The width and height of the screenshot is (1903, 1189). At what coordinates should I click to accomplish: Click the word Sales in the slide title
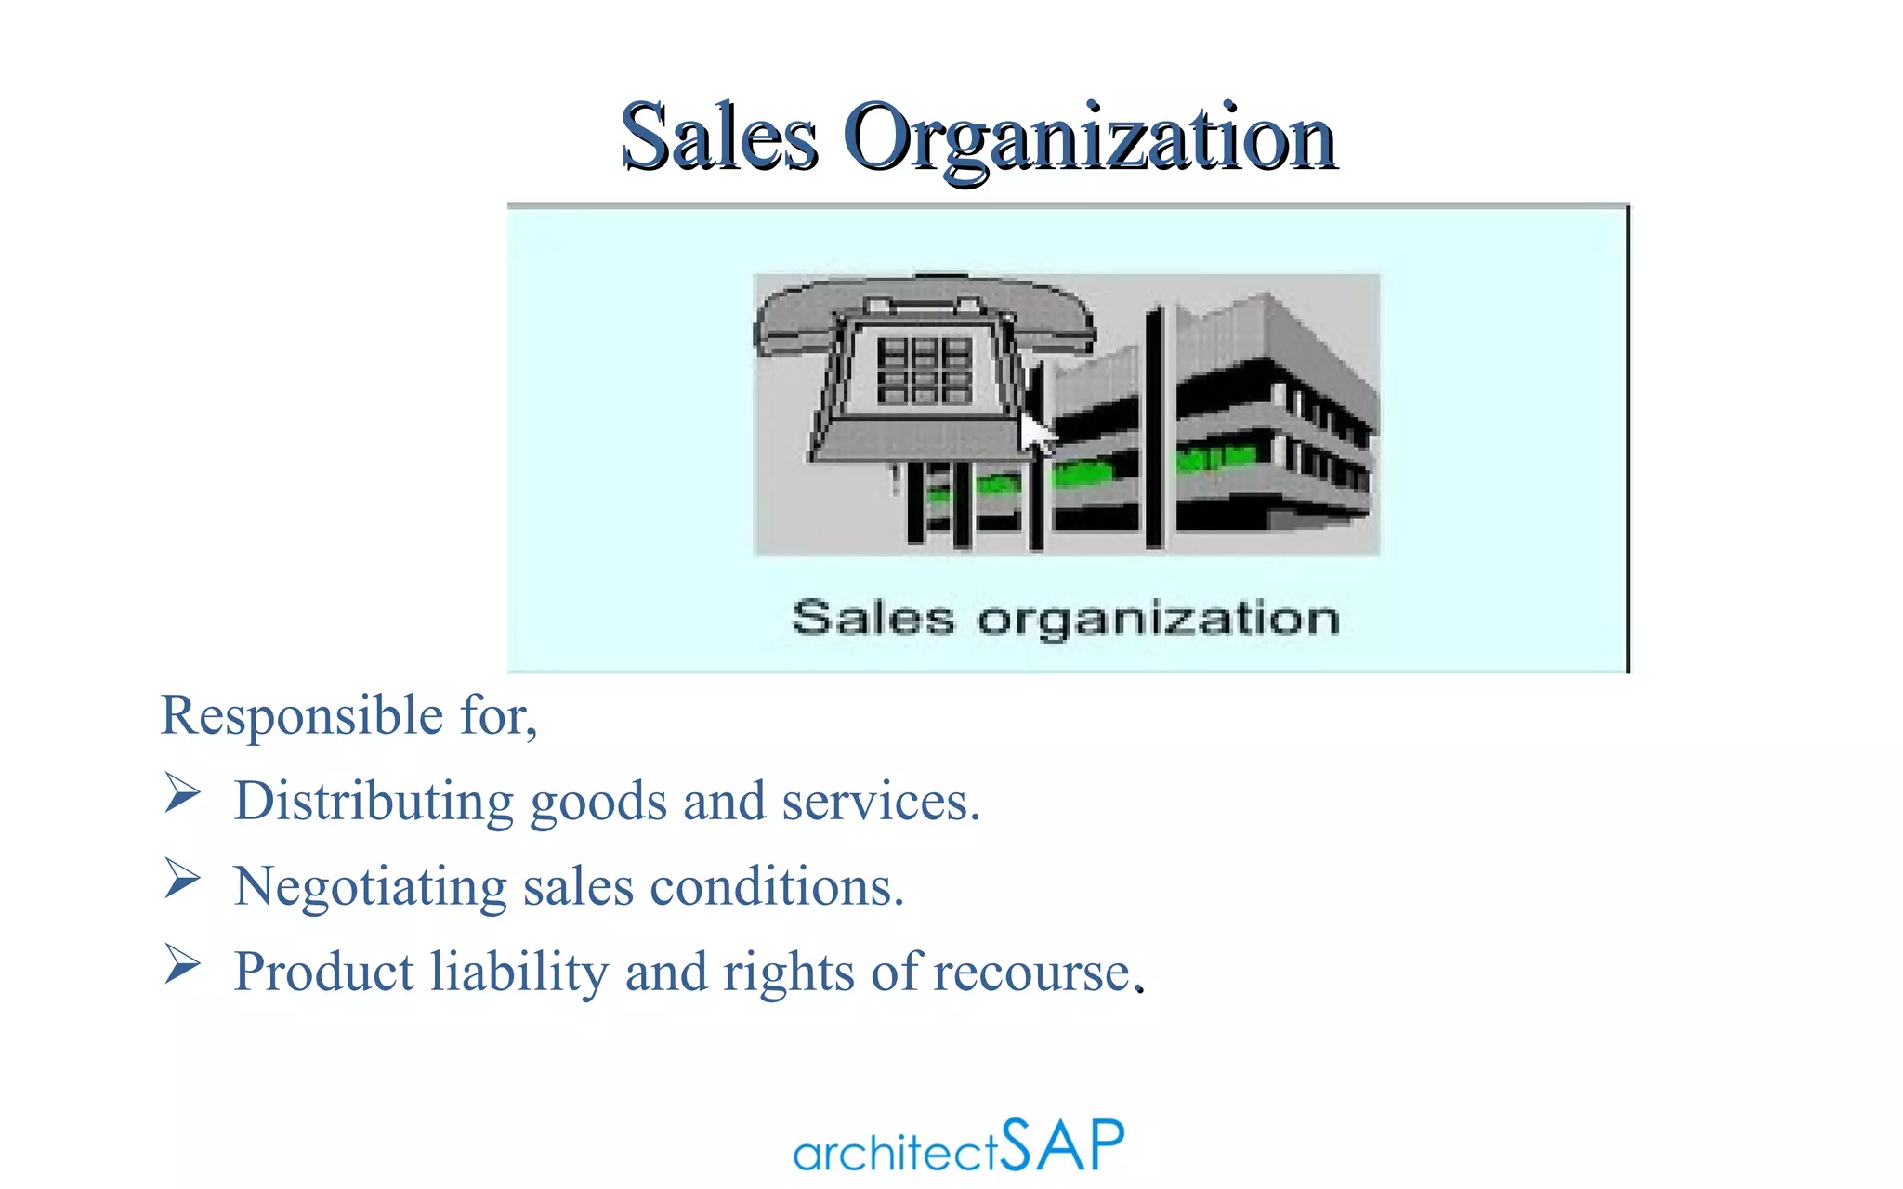719,137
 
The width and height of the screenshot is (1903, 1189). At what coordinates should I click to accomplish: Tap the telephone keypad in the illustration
924,371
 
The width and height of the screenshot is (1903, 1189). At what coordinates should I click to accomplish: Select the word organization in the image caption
1158,620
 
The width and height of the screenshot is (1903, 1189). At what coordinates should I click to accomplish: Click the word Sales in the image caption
873,618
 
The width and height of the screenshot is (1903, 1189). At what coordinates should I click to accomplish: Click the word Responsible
302,716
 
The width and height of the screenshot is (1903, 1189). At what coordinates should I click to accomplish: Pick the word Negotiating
370,887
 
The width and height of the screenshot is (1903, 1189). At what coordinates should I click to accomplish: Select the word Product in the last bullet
323,972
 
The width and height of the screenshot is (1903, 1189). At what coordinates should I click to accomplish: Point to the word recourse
1032,973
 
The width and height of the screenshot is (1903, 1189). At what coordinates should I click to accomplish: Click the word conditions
775,887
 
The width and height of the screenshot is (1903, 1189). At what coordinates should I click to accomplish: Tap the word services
878,802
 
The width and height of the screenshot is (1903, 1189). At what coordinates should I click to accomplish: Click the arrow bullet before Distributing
182,793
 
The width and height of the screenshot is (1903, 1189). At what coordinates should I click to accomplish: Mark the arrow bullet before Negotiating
182,879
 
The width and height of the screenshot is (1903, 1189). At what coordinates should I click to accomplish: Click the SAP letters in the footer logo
1062,1144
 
